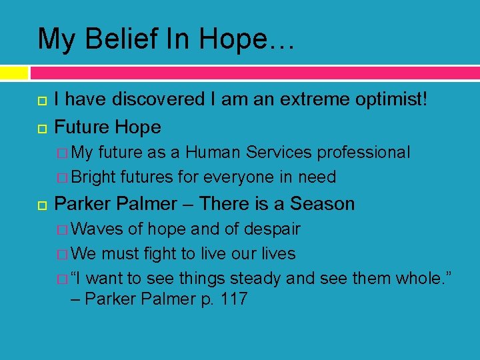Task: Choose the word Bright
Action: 93,177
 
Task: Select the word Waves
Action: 97,229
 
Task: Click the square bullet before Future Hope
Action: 41,127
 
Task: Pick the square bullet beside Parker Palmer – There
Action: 41,204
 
